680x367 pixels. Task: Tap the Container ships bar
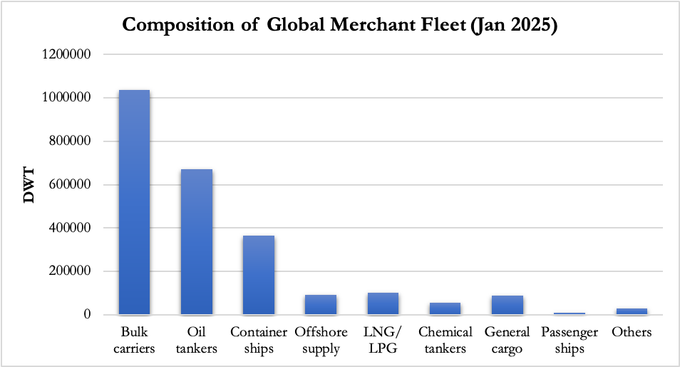point(259,275)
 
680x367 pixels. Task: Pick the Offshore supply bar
point(321,305)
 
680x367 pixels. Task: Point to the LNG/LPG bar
point(383,303)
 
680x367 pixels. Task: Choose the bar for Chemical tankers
point(445,308)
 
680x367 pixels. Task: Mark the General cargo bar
point(507,305)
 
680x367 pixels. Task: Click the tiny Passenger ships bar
point(570,313)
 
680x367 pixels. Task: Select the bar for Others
point(632,311)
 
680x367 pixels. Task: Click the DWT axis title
point(29,185)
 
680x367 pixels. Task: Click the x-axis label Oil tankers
point(196,340)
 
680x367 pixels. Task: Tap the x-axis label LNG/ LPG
point(383,340)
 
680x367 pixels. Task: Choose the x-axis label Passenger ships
point(570,340)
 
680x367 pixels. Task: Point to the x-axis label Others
point(632,332)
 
